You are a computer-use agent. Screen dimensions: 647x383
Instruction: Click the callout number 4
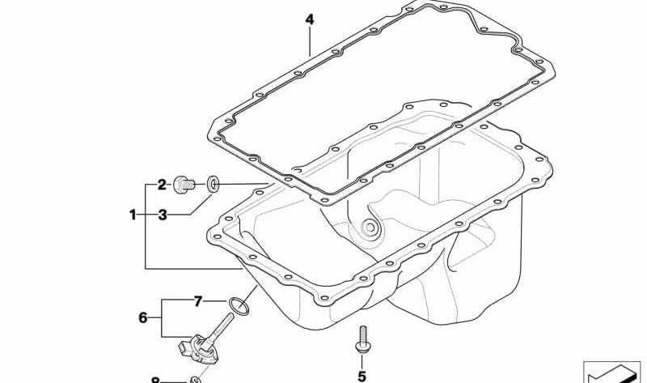pyautogui.click(x=310, y=19)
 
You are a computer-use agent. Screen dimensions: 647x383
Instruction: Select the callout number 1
pyautogui.click(x=133, y=215)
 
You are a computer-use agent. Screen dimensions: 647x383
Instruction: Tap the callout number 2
pyautogui.click(x=162, y=185)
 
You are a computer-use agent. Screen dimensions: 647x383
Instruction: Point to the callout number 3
pyautogui.click(x=163, y=215)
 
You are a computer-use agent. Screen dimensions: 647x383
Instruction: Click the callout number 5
pyautogui.click(x=362, y=377)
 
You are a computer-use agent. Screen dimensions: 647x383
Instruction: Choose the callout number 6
pyautogui.click(x=143, y=317)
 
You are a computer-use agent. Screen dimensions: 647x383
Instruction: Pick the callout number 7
pyautogui.click(x=198, y=301)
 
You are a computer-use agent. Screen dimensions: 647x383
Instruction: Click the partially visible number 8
pyautogui.click(x=155, y=380)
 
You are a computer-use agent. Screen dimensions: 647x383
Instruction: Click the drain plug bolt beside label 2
pyautogui.click(x=184, y=185)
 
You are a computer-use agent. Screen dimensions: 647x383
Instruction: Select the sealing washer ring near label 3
pyautogui.click(x=213, y=184)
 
